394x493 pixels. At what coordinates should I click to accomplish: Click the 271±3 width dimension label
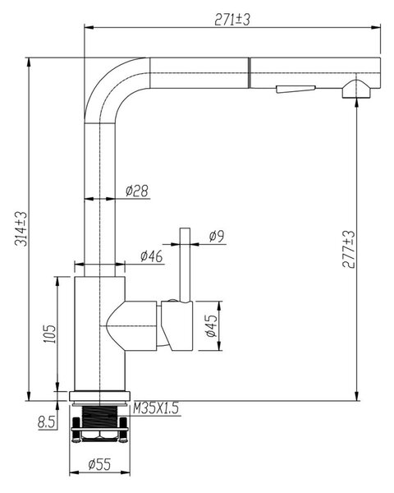click(232, 20)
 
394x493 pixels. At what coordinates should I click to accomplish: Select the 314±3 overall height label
click(22, 228)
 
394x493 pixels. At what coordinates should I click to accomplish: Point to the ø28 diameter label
click(137, 191)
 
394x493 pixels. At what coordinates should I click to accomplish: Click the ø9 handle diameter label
click(217, 236)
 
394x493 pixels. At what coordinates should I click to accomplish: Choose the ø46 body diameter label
click(152, 256)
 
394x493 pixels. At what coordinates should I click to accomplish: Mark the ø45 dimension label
click(212, 325)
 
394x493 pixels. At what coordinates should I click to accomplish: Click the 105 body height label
click(49, 334)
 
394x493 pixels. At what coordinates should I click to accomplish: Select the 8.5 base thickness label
click(46, 422)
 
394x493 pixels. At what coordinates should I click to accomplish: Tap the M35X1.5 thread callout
click(156, 408)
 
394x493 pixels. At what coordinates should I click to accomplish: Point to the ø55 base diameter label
click(99, 463)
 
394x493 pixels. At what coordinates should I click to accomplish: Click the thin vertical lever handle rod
click(185, 265)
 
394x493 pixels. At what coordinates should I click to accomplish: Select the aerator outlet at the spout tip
click(356, 90)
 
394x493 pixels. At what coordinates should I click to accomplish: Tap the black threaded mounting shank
click(99, 417)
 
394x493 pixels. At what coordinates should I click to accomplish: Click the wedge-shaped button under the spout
click(295, 89)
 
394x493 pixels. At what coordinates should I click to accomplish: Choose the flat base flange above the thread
click(99, 396)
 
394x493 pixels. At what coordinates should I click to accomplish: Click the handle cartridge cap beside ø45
click(177, 325)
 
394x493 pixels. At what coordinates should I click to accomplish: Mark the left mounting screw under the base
click(76, 430)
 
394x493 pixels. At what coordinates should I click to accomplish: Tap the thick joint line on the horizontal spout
click(250, 73)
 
